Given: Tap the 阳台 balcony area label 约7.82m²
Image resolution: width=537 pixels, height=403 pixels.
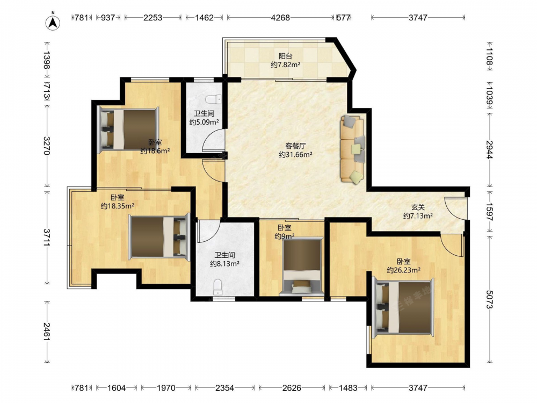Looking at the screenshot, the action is click(286, 64).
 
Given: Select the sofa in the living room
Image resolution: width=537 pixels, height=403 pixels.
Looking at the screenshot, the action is click(353, 149).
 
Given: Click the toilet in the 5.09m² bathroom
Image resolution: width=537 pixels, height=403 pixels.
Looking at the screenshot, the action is click(213, 99).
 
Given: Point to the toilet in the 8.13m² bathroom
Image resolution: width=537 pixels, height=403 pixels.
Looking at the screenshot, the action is click(217, 287).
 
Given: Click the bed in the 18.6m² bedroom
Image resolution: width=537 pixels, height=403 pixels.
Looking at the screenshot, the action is click(129, 129).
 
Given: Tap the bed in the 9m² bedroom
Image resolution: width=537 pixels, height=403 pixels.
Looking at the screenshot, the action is click(301, 267).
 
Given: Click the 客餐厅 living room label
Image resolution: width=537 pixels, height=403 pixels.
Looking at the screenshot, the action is click(295, 146).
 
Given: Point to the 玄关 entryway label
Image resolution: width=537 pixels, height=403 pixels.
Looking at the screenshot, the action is click(418, 207).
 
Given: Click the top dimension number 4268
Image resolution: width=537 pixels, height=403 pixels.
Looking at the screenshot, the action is click(280, 18).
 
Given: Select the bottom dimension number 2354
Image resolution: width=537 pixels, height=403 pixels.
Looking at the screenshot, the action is click(224, 388).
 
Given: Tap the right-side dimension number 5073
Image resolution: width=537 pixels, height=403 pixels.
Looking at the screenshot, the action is click(490, 299).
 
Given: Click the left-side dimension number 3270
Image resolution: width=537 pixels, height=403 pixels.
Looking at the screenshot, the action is click(47, 146).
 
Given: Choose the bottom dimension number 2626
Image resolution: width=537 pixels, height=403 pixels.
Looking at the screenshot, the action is click(292, 388).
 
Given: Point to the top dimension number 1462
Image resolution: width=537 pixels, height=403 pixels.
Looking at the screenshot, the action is click(205, 18).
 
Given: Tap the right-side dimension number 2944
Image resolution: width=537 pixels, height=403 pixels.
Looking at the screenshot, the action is click(490, 150).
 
